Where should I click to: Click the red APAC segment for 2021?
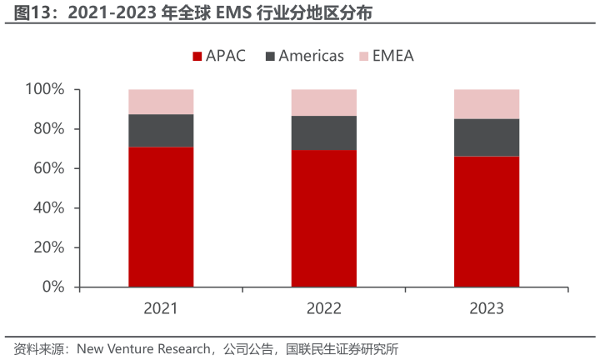[161, 217]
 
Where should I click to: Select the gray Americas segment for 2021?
[161, 130]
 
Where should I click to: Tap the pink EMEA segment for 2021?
[161, 102]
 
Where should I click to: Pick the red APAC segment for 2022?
[323, 218]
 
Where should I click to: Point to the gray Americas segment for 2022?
[323, 132]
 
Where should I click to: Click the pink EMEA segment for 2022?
[323, 102]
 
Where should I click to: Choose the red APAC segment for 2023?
[487, 222]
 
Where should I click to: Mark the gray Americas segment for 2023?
[487, 137]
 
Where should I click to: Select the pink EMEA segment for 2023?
[487, 104]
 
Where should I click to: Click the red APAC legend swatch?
[198, 57]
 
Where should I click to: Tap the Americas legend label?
[311, 57]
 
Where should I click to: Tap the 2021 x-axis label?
[161, 308]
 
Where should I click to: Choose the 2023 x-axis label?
[487, 308]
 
